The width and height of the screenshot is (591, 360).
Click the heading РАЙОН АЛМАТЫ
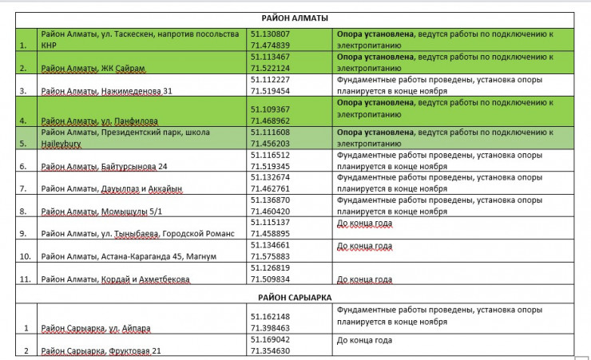(295, 18)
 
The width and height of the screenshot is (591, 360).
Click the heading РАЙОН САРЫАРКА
(294, 297)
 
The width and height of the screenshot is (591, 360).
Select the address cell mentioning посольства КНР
(140, 40)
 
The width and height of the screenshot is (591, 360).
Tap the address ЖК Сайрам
(93, 69)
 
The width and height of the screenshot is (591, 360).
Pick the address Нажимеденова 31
(106, 91)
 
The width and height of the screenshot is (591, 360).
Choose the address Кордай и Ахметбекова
(115, 279)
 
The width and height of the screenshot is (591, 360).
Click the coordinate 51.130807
(270, 34)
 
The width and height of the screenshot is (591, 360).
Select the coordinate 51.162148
(270, 317)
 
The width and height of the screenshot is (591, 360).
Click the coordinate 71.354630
(270, 350)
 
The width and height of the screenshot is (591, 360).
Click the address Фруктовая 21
(101, 350)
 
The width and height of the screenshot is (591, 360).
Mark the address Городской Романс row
(137, 233)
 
